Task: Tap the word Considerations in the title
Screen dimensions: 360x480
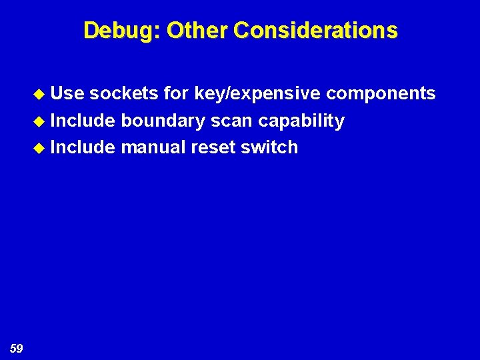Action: (316, 30)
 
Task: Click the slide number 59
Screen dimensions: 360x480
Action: (17, 347)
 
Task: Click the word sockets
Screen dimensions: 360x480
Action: (123, 93)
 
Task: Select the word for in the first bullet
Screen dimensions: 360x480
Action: (176, 93)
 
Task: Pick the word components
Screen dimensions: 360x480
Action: (380, 94)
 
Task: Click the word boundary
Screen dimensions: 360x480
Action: (163, 121)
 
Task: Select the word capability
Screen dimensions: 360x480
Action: (301, 121)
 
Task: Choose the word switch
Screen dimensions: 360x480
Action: (269, 147)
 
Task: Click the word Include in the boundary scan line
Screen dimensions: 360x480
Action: (83, 121)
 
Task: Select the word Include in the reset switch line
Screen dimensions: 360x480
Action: (83, 147)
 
